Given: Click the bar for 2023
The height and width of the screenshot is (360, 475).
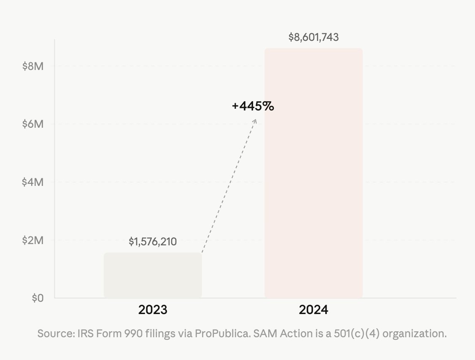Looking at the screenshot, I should tap(153, 275).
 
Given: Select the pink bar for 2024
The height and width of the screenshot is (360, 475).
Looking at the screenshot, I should tap(313, 173).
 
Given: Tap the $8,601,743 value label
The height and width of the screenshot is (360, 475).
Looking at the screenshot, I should tap(313, 38).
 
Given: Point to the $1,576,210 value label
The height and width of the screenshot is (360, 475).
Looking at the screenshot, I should tap(153, 242).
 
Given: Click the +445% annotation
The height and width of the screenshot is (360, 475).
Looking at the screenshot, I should tap(253, 106).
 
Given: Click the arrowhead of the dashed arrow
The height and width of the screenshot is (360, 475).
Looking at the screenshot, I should tap(255, 121).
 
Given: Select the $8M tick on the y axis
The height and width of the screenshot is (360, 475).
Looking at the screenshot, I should tap(33, 66).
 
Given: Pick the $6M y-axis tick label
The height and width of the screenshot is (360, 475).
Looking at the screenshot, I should tap(33, 124).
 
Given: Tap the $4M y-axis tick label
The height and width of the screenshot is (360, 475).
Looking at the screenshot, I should tap(33, 182).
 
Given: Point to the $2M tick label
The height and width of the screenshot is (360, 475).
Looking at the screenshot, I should tap(33, 240).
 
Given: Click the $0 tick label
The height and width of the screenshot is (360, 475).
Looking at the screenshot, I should tap(38, 298).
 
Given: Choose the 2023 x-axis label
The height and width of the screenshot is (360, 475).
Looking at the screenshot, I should tap(153, 310).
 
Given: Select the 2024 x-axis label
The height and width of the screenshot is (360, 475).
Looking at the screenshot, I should tap(313, 310).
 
